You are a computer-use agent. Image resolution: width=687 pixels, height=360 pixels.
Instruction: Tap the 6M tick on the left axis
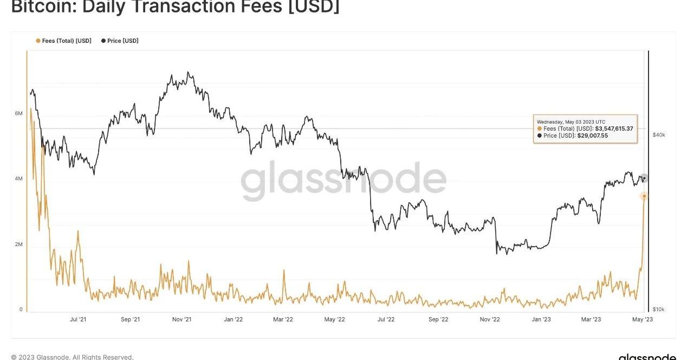[x=18, y=113]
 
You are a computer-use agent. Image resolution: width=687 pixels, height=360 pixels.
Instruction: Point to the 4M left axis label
[x=18, y=179]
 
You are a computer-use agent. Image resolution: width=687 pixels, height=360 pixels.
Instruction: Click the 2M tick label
[x=18, y=245]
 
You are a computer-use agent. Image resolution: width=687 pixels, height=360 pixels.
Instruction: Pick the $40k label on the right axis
[x=658, y=135]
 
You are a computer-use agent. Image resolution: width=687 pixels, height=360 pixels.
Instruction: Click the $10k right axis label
[x=658, y=310]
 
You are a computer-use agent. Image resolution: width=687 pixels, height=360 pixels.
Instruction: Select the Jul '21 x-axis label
[x=78, y=319]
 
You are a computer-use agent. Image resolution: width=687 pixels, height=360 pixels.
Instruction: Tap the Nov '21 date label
[x=182, y=319]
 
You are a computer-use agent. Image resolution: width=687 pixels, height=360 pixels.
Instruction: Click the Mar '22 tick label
[x=283, y=319]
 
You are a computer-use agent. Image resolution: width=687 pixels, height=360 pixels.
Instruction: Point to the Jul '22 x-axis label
[x=385, y=319]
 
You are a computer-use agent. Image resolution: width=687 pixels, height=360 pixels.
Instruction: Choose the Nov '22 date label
[x=490, y=319]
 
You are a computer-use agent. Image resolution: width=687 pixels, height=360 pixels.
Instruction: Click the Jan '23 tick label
[x=541, y=319]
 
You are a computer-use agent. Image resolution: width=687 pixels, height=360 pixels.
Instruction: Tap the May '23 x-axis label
[x=643, y=319]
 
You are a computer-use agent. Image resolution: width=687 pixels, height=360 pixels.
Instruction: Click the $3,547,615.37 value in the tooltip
[x=614, y=128]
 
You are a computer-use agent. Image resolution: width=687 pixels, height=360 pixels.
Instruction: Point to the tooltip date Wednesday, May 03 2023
[x=571, y=121]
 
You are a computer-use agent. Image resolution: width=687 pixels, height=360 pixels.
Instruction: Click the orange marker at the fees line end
[x=644, y=196]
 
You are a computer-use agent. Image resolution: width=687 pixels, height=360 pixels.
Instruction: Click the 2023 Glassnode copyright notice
[x=72, y=357]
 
